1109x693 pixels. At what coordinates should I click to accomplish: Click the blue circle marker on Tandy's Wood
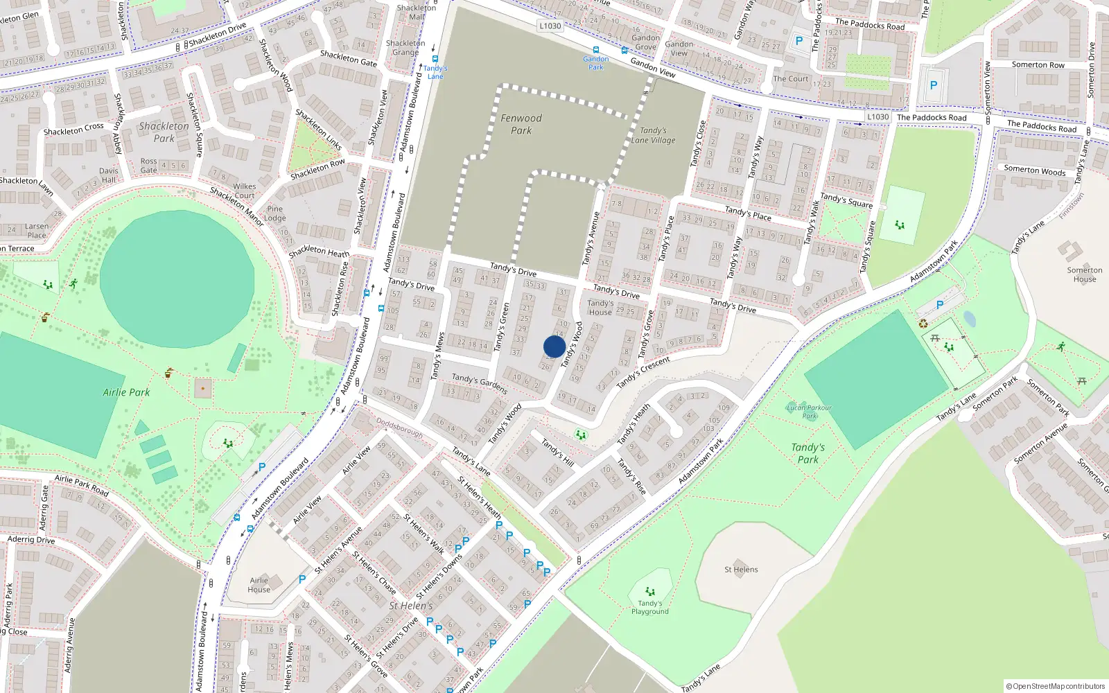554,346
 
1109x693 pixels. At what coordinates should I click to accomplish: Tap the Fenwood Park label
521,124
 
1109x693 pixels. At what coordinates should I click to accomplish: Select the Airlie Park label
126,392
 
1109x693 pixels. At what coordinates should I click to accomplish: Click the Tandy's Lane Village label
653,135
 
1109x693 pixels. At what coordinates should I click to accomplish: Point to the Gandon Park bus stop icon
596,51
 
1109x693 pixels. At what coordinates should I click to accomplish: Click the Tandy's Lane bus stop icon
435,59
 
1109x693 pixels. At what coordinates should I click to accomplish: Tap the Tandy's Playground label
650,608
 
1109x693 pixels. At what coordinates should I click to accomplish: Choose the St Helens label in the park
741,570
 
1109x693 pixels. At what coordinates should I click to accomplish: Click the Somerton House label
1085,274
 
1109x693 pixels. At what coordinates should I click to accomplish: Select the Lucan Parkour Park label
810,412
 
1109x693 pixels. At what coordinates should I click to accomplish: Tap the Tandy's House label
600,308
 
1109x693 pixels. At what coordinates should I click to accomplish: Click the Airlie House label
259,585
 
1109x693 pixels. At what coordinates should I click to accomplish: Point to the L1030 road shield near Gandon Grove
550,26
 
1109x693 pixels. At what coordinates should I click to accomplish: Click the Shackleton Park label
164,132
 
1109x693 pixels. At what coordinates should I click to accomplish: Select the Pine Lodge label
275,213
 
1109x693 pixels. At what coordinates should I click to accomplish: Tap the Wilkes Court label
244,191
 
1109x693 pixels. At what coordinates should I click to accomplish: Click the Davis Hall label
108,175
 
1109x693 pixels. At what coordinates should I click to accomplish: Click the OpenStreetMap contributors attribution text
1056,686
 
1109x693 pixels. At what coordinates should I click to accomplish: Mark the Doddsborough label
399,428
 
